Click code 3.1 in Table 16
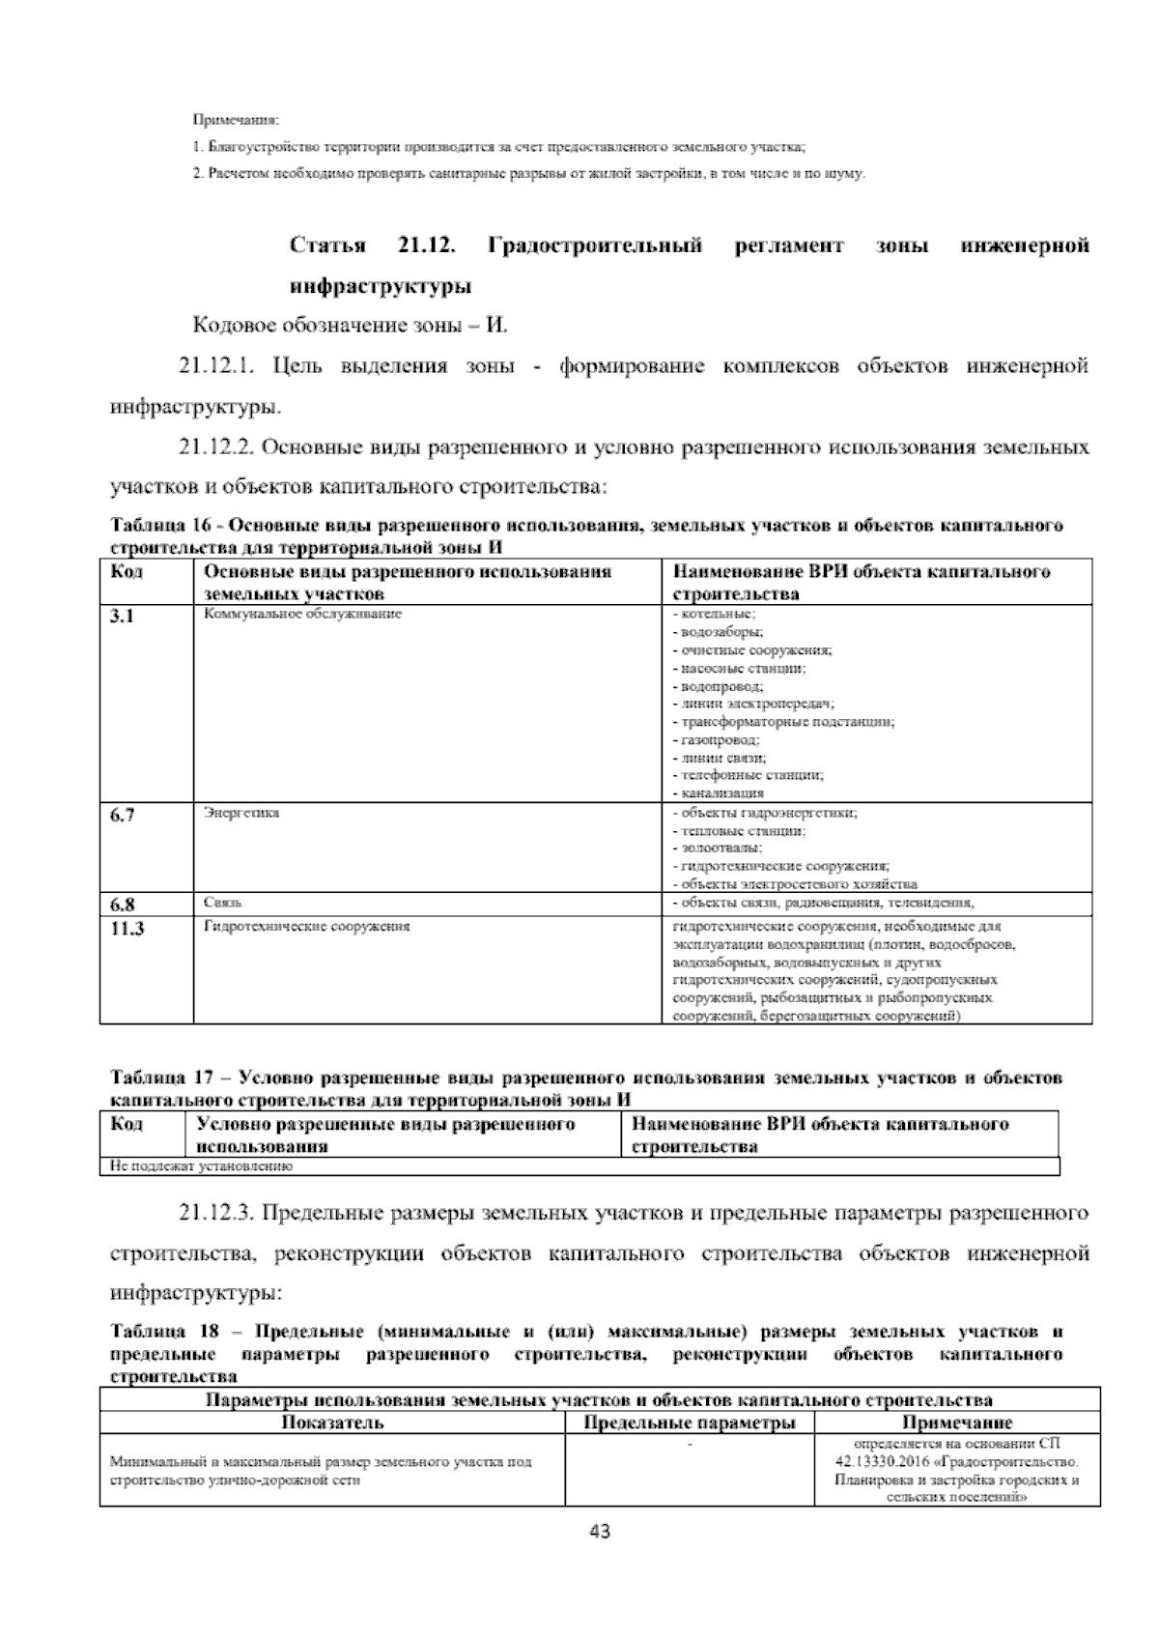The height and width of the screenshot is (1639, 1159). click(122, 617)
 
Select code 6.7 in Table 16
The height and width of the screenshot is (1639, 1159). click(122, 816)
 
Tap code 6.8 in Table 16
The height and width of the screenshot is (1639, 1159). click(122, 906)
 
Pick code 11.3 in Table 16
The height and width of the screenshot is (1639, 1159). click(127, 929)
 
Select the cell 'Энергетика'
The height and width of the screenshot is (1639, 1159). click(241, 813)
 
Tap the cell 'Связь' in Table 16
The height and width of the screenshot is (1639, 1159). click(223, 903)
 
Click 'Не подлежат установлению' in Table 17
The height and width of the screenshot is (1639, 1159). click(201, 1166)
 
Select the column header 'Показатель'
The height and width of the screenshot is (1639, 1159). click(332, 1423)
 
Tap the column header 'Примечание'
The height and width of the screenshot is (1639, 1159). click(957, 1423)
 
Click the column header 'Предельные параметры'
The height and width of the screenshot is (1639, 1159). click(690, 1423)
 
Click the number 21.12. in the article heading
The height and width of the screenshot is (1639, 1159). click(426, 245)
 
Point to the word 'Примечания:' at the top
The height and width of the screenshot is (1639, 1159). click(235, 121)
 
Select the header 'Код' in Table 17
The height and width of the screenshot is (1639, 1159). click(127, 1124)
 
